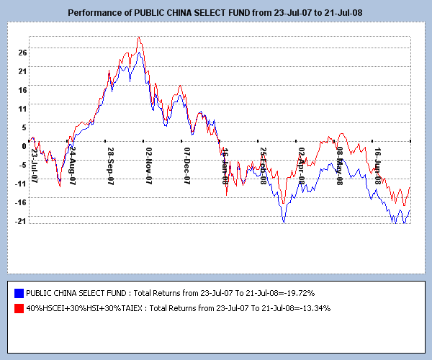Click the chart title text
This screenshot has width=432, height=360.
216,13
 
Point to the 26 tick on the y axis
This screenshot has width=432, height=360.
23,52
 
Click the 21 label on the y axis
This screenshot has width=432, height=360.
23,71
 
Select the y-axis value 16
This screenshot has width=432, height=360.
23,89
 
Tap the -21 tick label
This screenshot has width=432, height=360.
22,220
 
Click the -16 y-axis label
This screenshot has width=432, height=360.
22,202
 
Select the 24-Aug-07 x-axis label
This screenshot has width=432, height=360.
73,166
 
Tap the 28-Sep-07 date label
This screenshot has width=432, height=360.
111,166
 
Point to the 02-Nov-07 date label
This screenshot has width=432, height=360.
149,166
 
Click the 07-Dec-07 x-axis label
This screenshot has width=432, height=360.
187,166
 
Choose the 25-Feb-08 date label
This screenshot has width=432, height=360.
264,166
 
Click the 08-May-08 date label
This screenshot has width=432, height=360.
340,166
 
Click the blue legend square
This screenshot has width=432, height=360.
19,294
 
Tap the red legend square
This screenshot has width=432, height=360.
19,308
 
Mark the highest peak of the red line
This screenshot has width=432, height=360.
139,37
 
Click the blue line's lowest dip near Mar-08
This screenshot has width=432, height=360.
284,222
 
